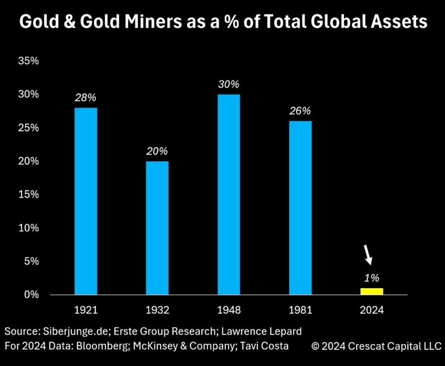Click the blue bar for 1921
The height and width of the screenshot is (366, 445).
point(86,201)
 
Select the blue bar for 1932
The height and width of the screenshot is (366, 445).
point(158,228)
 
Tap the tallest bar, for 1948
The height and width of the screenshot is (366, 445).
point(229,194)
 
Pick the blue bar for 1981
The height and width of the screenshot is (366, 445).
point(300,208)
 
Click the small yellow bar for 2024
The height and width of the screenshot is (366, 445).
point(372,291)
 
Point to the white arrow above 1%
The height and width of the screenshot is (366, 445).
point(368,255)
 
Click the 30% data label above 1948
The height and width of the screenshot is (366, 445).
point(229,84)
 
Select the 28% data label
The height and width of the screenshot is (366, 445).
point(86,97)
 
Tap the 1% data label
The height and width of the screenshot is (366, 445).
point(372,278)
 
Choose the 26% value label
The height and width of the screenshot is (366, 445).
point(300,111)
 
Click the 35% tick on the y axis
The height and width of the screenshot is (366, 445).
point(28,61)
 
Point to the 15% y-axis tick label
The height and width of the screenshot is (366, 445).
point(28,194)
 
